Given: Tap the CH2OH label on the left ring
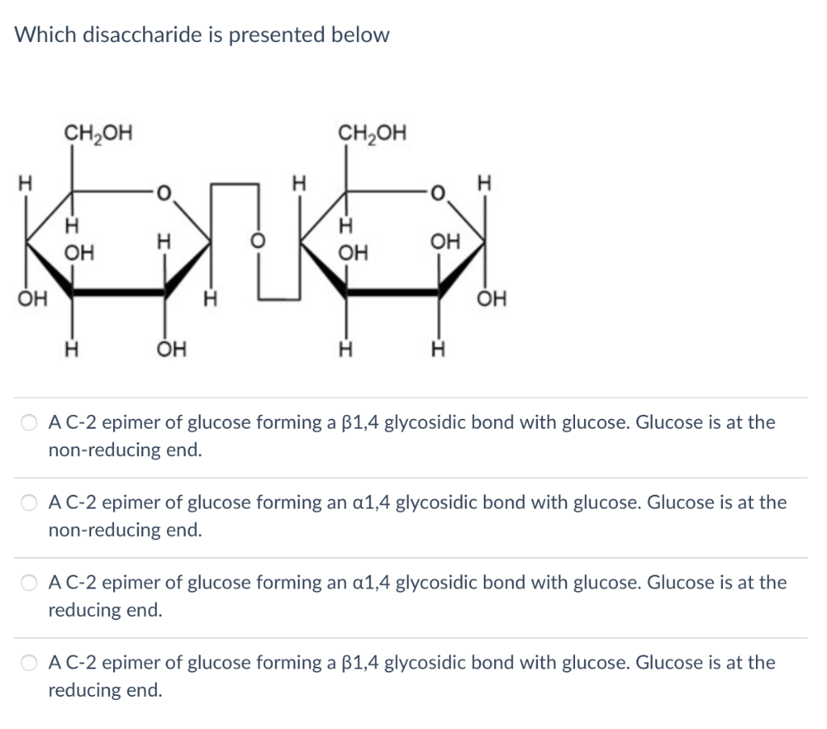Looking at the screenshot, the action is pyautogui.click(x=99, y=132).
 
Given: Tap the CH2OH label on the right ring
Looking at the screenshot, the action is pyautogui.click(x=373, y=132).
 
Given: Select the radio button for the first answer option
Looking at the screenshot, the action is pyautogui.click(x=30, y=422).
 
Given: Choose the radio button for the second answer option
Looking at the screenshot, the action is pyautogui.click(x=30, y=503).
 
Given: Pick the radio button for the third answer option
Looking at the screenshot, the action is pyautogui.click(x=30, y=583).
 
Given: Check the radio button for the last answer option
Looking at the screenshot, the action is pyautogui.click(x=30, y=664).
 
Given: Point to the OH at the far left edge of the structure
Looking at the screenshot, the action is pyautogui.click(x=26, y=300).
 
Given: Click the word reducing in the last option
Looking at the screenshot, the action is pyautogui.click(x=82, y=690).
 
